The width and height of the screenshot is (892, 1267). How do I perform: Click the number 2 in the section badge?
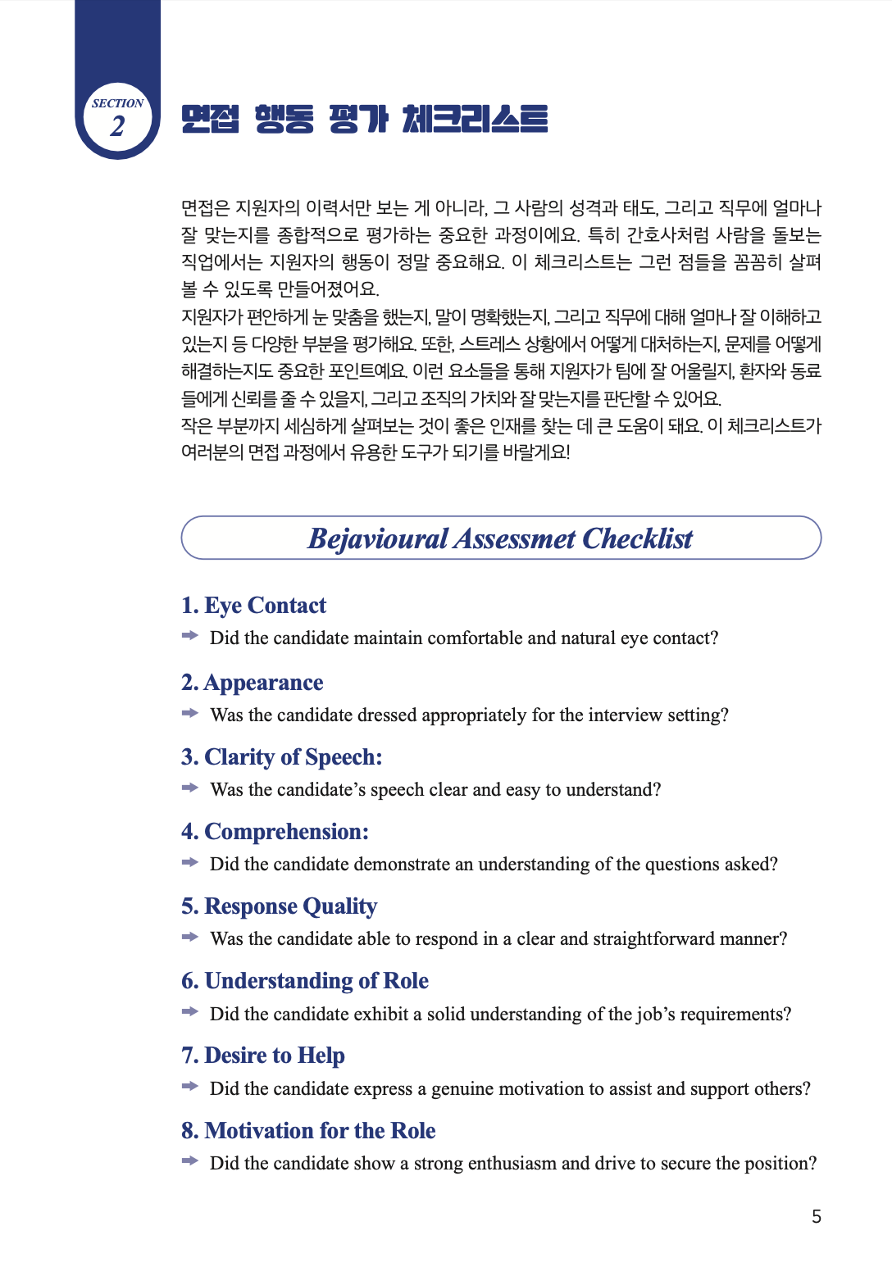tap(118, 126)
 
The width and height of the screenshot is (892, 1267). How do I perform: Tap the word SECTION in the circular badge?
tap(117, 103)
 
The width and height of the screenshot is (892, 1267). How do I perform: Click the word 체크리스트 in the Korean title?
tap(475, 120)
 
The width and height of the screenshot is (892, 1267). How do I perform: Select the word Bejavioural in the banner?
tap(377, 538)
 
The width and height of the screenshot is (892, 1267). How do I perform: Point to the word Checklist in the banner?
tap(637, 538)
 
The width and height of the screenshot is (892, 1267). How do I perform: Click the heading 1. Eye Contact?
tap(253, 606)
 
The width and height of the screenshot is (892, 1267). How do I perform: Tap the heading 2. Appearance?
tap(252, 683)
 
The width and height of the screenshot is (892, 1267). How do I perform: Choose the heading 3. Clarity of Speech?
tap(281, 757)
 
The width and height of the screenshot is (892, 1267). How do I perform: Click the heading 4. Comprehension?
tap(275, 832)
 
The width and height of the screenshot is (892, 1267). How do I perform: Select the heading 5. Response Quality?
tap(279, 906)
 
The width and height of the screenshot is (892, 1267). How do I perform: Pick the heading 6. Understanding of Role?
tap(304, 981)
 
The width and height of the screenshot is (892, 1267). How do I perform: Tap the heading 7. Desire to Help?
tap(262, 1056)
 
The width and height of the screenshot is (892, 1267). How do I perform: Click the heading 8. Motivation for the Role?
tap(308, 1131)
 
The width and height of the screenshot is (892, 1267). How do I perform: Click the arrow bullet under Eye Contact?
tap(190, 636)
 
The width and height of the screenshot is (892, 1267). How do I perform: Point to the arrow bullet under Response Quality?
tap(190, 937)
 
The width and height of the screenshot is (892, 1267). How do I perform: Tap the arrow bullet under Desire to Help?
tap(190, 1087)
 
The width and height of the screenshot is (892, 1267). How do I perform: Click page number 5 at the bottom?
tap(817, 1217)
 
